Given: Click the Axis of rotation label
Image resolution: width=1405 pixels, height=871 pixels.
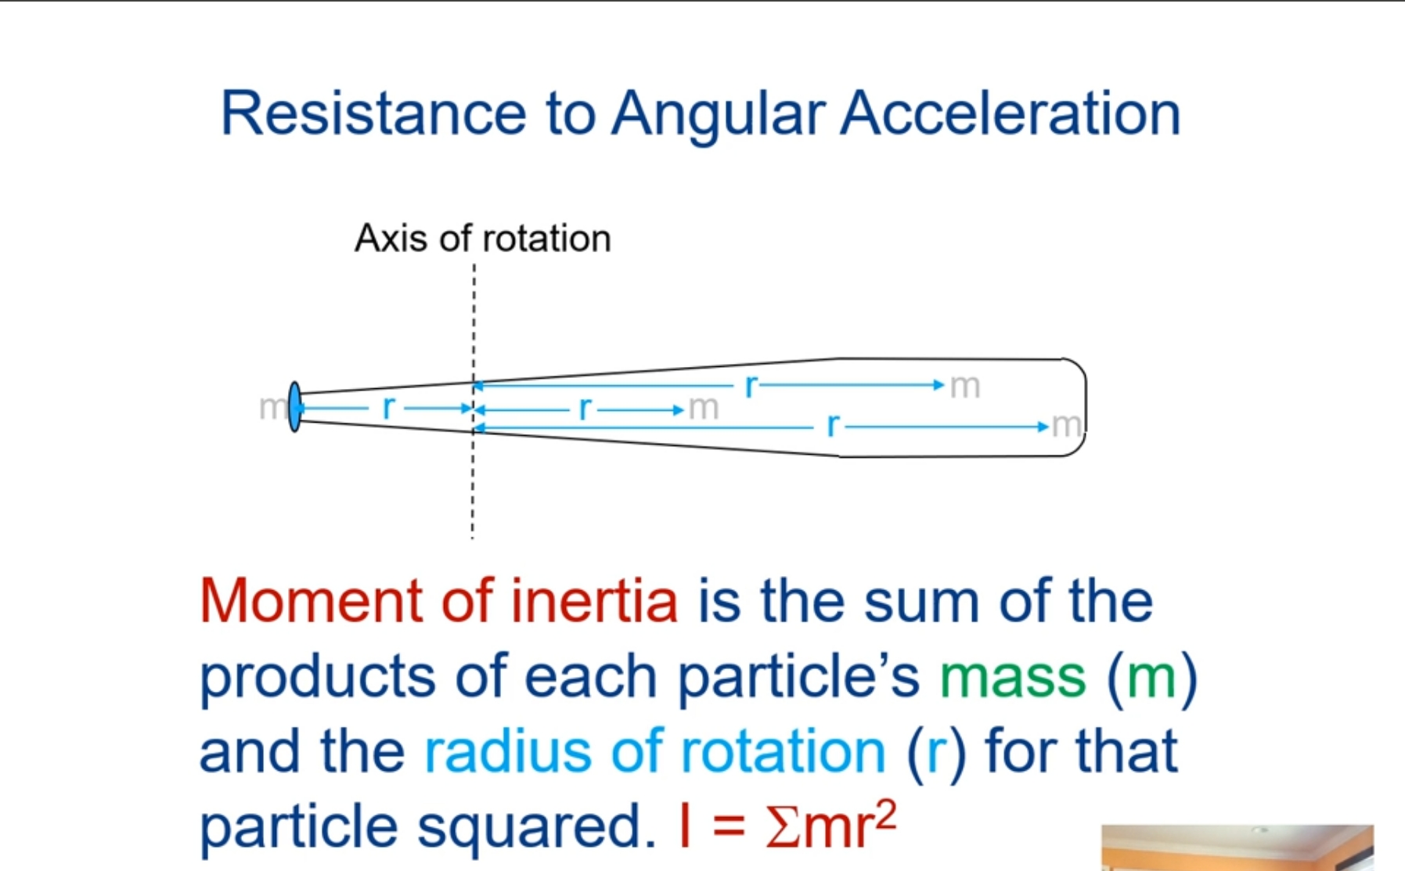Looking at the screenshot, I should point(482,239).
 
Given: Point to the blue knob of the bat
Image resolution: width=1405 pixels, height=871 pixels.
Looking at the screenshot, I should point(294,407).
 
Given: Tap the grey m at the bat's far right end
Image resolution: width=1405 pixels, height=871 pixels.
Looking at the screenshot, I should point(1066,426).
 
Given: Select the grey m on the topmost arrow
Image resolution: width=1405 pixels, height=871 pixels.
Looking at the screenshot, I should point(964,386).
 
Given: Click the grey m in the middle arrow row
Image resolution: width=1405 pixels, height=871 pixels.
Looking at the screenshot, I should point(703,408).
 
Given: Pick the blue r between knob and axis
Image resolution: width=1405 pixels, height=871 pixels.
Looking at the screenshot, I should point(388,408).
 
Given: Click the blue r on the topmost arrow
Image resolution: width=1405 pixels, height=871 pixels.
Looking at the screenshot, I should point(751,385).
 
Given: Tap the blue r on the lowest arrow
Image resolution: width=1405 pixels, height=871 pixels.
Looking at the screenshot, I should point(833,426).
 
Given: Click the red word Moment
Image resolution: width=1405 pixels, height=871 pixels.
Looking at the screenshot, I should point(312,601).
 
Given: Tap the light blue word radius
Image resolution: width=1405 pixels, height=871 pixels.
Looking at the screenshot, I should point(507,751).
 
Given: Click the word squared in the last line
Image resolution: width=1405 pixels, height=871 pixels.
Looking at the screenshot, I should point(535,826).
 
